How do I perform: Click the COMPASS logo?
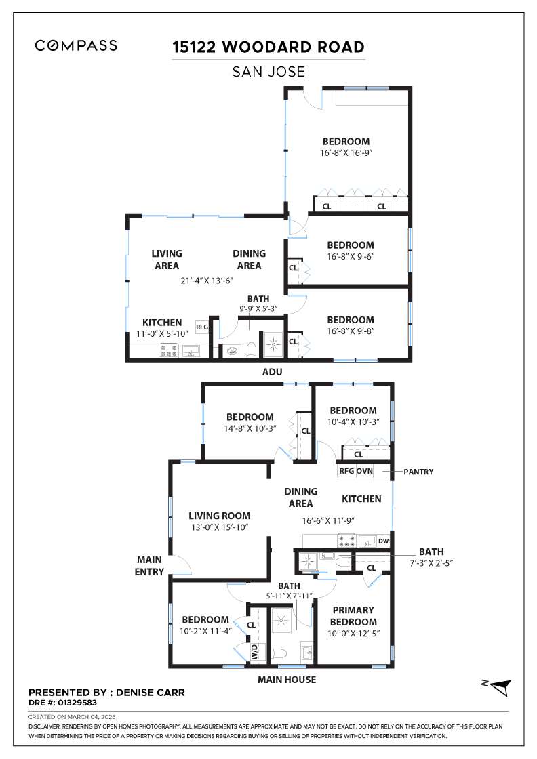pos(76,46)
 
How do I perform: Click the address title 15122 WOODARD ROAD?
pos(268,47)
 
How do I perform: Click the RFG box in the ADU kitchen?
pos(202,327)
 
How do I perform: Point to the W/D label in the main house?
pos(255,653)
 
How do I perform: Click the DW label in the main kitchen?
pos(383,541)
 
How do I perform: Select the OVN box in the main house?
pos(365,471)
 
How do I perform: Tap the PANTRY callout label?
pos(418,471)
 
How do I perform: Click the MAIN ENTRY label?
pos(150,566)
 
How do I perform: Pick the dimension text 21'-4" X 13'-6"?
pos(207,281)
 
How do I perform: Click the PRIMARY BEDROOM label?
pos(353,616)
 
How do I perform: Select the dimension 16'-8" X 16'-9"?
pos(347,154)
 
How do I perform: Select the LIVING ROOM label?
pos(219,516)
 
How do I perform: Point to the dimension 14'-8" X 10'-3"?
pos(250,429)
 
